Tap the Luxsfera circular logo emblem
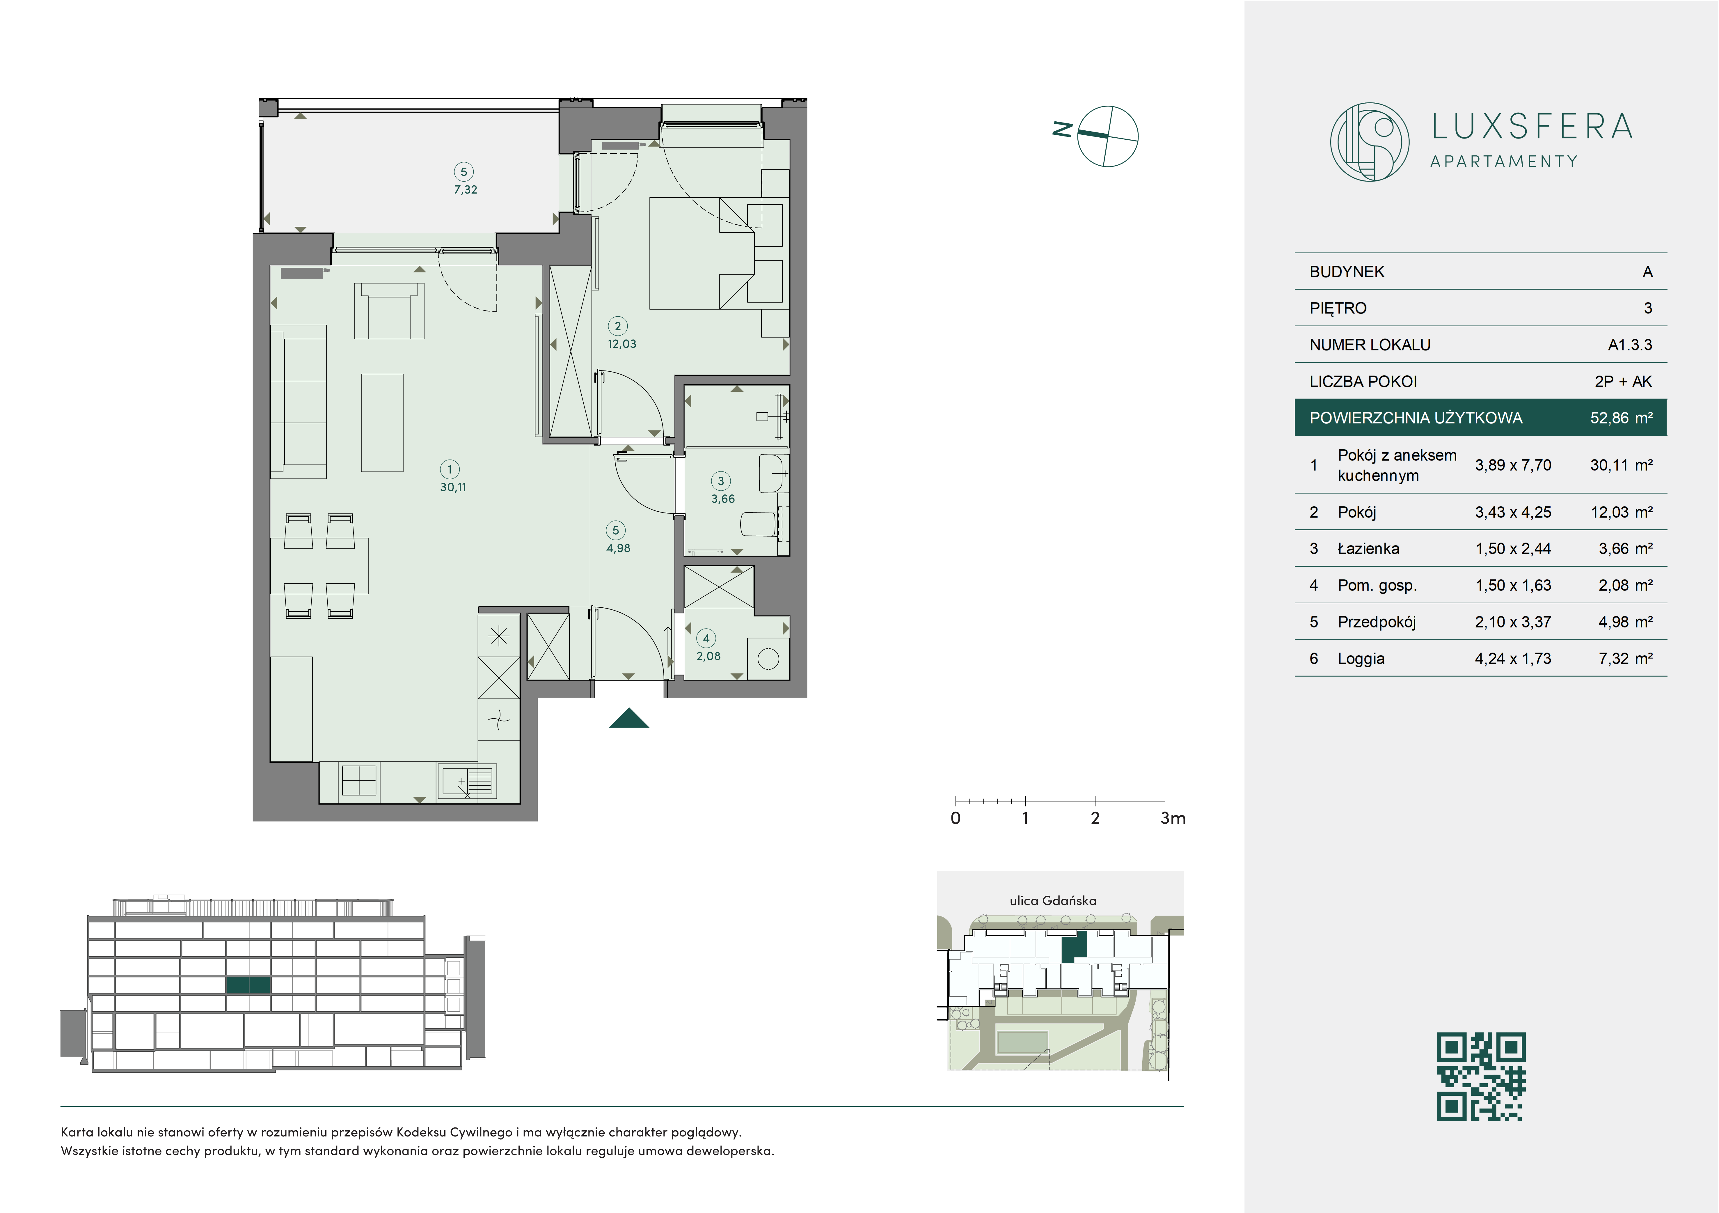coord(1369,141)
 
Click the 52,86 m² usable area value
coord(1621,418)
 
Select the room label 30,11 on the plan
coord(453,487)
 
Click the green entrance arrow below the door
coord(629,718)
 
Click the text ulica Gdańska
coord(1053,901)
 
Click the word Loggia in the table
coord(1361,659)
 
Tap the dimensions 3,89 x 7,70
coord(1513,465)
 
